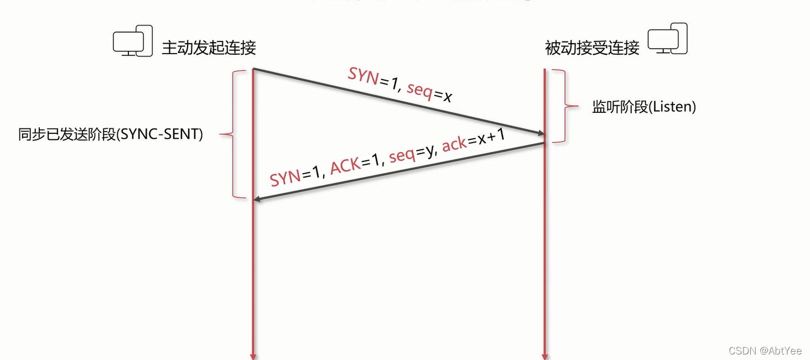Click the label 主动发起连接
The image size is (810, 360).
[x=209, y=48]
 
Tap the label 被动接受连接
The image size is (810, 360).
[x=592, y=48]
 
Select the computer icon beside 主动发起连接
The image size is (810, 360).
[x=133, y=40]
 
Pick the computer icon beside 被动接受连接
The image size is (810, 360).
[x=668, y=39]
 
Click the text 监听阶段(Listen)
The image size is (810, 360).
[x=644, y=107]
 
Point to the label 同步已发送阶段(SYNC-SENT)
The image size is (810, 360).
[x=111, y=134]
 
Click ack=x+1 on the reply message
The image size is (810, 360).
[x=473, y=140]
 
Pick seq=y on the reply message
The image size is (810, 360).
[x=411, y=153]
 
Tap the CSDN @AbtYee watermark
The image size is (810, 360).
[x=765, y=351]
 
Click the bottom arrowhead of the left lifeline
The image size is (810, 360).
[x=253, y=356]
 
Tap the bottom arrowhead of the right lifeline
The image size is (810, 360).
[x=545, y=356]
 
